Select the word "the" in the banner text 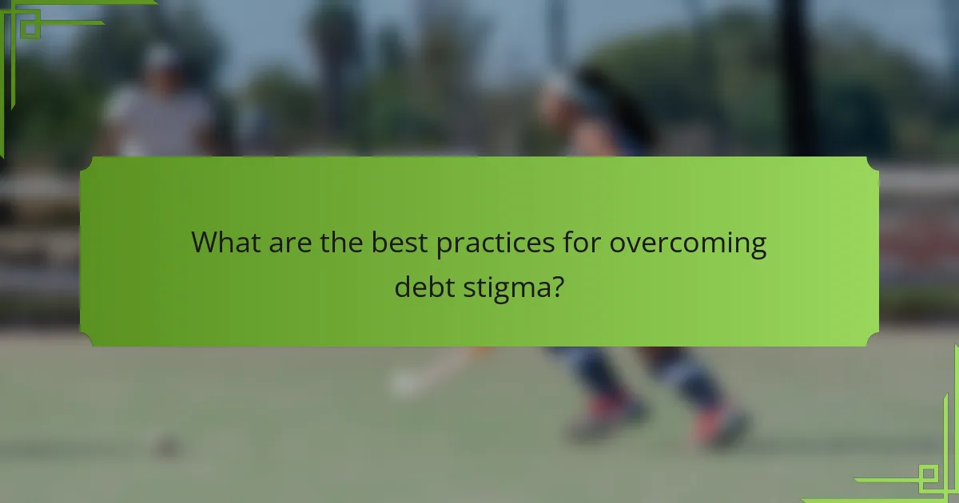tap(342, 243)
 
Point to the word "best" tap(400, 243)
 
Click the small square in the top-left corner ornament tap(30, 26)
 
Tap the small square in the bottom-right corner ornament tap(928, 477)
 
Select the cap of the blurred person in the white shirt tap(162, 57)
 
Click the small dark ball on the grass tap(165, 445)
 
